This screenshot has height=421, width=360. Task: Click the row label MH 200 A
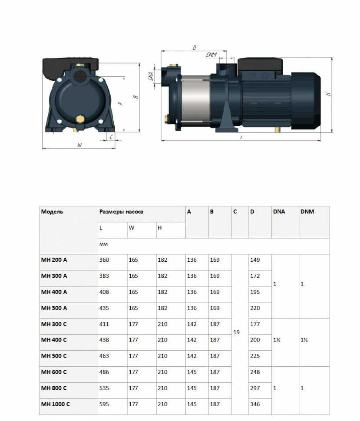(x=54, y=260)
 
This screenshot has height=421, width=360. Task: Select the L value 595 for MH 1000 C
(x=105, y=404)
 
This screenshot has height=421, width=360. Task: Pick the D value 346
(x=255, y=404)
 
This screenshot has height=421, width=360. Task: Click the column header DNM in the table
(x=307, y=212)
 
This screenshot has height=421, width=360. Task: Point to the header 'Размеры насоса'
(x=122, y=212)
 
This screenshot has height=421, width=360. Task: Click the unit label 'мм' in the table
(x=103, y=244)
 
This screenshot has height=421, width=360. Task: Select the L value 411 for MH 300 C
(x=105, y=324)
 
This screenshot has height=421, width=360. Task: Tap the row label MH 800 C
(x=54, y=388)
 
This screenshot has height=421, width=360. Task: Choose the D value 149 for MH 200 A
(x=255, y=260)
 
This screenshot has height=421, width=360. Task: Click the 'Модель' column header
(x=52, y=212)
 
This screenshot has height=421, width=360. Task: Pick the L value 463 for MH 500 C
(x=105, y=356)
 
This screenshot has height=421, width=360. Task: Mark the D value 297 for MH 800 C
(x=255, y=388)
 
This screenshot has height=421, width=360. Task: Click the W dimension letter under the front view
(x=79, y=145)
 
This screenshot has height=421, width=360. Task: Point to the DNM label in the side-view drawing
(x=211, y=55)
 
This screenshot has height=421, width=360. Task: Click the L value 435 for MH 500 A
(x=105, y=308)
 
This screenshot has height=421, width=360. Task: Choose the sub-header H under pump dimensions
(x=160, y=228)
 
